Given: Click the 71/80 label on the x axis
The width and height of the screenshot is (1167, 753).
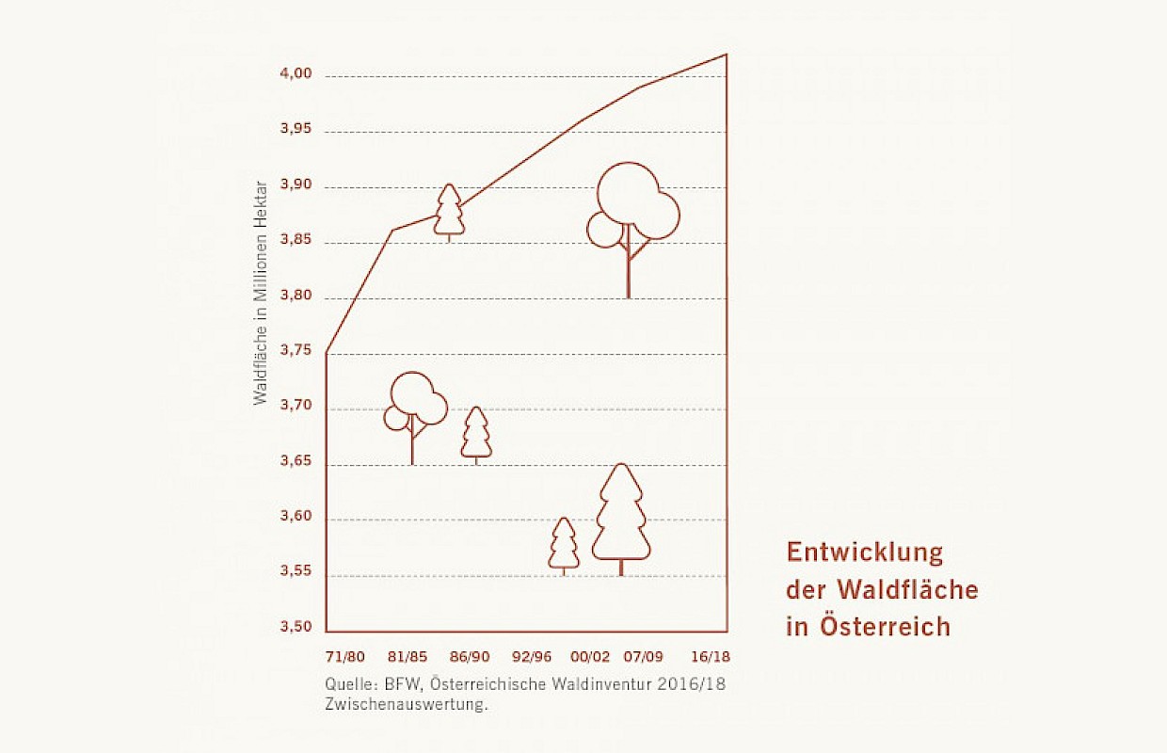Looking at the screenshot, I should tap(344, 656).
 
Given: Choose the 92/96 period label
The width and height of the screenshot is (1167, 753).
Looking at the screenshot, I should tap(532, 656).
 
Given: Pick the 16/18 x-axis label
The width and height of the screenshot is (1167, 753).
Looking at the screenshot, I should tap(711, 656).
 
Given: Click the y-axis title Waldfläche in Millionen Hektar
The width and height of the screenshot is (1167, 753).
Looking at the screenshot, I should tap(261, 292).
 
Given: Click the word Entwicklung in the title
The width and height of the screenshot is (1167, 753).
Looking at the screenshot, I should tap(865, 552).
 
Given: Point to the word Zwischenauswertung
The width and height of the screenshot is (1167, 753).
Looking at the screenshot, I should tap(408, 705).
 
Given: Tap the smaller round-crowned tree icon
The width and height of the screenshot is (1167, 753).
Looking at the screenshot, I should tap(415, 409).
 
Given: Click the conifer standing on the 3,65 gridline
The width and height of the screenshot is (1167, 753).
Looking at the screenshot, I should tap(476, 434).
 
